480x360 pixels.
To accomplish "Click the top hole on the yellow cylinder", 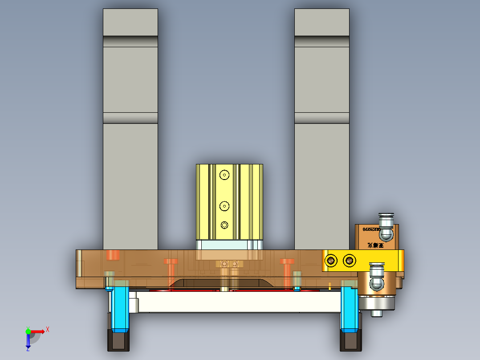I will pos(224,175).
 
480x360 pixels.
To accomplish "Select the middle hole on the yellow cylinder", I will pos(224,206).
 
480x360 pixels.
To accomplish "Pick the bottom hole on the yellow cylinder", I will pos(224,225).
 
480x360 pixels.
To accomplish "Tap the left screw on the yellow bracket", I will pos(331,260).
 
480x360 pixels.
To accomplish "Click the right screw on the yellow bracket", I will pos(350,260).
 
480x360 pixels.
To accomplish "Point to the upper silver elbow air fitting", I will pos(386,226).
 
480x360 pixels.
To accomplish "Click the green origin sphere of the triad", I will pos(28,331).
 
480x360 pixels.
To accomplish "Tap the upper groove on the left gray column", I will pos(130,41).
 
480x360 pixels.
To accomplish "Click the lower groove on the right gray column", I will pos(321,118).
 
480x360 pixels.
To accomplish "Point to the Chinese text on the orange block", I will pos(376,245).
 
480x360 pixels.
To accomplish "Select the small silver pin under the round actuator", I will pos(376,314).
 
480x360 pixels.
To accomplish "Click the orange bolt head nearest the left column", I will pos(113,255).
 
